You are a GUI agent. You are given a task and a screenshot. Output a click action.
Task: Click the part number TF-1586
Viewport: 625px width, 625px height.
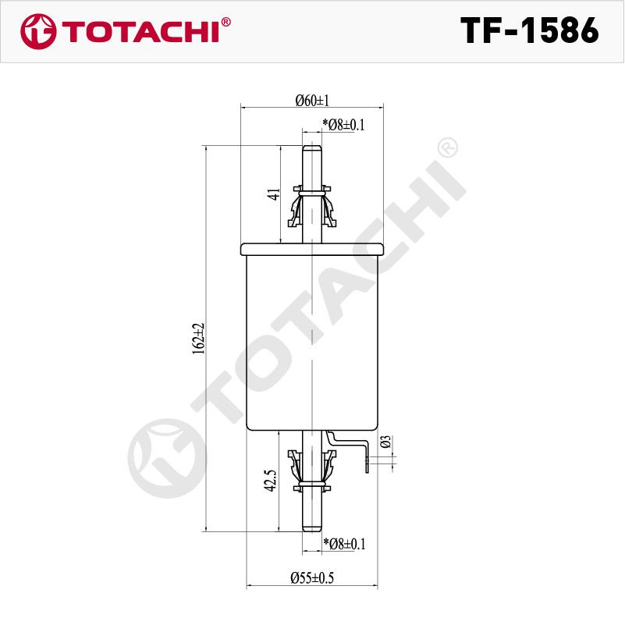[x=530, y=30]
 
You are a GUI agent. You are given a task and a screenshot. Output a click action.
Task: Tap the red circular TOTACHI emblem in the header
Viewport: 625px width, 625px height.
[x=38, y=31]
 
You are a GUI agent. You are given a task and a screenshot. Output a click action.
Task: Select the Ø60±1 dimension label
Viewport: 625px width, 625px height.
[x=312, y=101]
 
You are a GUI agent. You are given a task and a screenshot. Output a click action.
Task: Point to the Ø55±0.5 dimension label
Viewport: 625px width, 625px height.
[x=312, y=577]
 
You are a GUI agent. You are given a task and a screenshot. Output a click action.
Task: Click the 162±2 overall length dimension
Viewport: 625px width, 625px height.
[x=198, y=339]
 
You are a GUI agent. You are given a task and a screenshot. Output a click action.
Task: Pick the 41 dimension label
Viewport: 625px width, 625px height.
[x=274, y=194]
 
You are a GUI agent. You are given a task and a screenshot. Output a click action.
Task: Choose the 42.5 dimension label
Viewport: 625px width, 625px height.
[x=271, y=481]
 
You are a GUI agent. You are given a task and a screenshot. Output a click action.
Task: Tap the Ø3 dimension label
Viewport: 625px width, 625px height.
[x=385, y=442]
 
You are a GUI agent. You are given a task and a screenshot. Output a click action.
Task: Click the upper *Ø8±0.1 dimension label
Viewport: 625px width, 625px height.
[x=343, y=125]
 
